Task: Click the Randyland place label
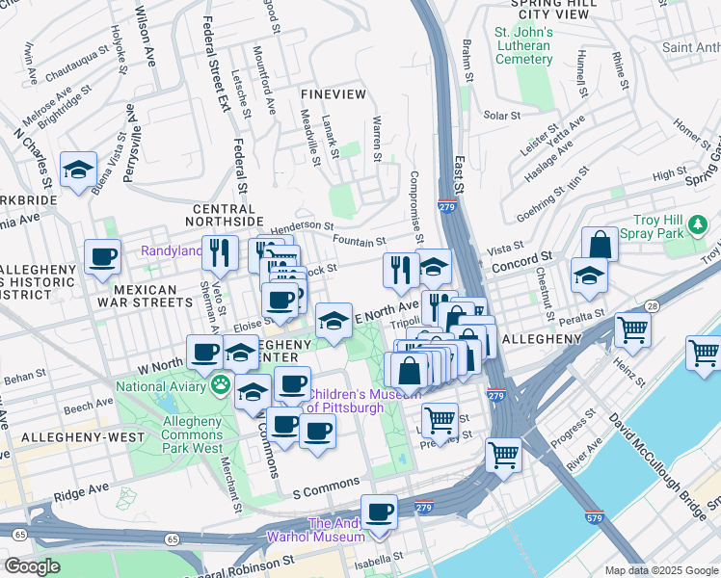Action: coord(172,250)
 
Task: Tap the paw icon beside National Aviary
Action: coord(221,386)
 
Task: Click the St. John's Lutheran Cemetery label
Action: coord(523,45)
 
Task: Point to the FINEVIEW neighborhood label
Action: coord(334,94)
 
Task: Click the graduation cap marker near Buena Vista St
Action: coord(77,171)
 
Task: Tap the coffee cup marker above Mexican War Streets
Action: coord(102,257)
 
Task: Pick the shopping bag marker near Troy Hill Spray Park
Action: coord(600,245)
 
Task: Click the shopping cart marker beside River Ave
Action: coord(504,455)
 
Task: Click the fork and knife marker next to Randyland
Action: coord(222,253)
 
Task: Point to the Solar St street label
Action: coord(501,116)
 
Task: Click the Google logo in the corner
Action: coord(32,566)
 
